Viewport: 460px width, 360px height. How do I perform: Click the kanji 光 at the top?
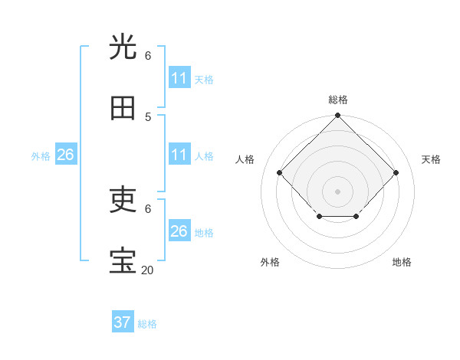coord(123,47)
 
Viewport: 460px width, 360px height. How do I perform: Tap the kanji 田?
coord(123,109)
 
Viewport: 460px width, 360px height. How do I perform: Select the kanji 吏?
coord(123,201)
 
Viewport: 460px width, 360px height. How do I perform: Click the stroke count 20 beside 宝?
coord(146,270)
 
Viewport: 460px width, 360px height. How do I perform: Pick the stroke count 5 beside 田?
coord(148,116)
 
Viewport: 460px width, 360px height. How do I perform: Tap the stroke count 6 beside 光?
coord(148,55)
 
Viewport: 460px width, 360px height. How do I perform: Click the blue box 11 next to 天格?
coord(179,78)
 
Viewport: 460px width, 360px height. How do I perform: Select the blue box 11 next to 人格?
coord(179,155)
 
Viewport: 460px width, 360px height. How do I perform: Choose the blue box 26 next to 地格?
coord(179,231)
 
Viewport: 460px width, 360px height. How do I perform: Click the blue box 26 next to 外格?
coord(65,155)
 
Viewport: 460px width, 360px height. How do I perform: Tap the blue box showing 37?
coord(123,322)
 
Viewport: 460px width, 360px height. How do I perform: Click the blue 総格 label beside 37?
coord(147,324)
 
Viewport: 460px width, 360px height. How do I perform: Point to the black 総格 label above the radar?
coord(338,100)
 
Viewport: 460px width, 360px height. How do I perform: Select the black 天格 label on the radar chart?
coord(431,159)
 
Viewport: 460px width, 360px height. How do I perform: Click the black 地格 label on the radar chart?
coord(402,262)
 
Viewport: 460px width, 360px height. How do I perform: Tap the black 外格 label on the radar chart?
coord(270,262)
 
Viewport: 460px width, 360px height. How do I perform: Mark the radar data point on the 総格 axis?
coord(337,116)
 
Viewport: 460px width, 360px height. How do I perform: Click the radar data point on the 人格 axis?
coord(280,172)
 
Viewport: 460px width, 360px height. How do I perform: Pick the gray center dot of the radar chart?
coord(337,191)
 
